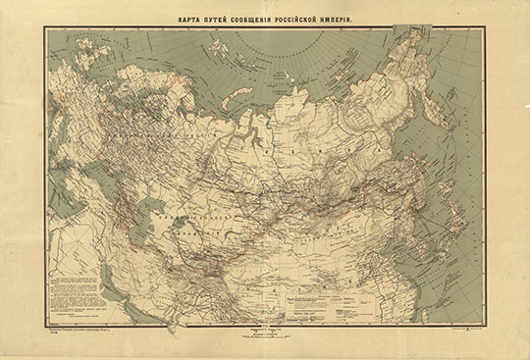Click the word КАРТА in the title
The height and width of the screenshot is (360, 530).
(188, 17)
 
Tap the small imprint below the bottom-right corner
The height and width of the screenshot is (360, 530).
(469, 332)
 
